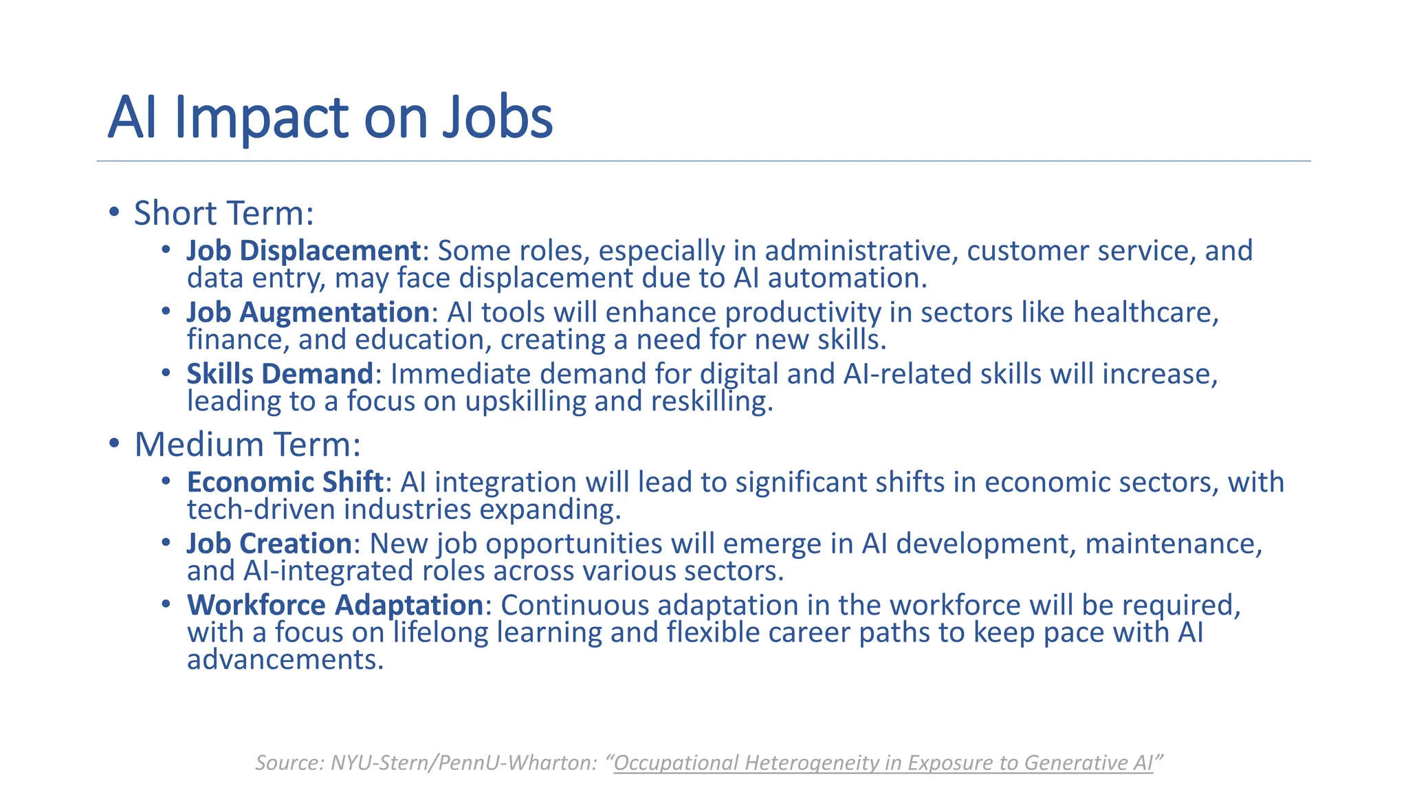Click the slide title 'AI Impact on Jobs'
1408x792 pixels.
click(x=330, y=117)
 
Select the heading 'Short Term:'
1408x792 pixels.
click(x=223, y=213)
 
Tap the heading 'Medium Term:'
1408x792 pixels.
click(x=247, y=444)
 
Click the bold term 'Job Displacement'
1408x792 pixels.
click(x=303, y=250)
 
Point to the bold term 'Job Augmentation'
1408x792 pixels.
click(x=308, y=312)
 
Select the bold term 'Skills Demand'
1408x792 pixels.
click(x=280, y=374)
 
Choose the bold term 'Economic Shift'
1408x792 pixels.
click(x=285, y=482)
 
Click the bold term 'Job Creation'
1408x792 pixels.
click(x=269, y=544)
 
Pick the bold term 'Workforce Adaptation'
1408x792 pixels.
click(x=335, y=605)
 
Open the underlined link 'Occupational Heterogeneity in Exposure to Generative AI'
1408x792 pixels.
click(x=883, y=762)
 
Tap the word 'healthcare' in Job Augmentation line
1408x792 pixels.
click(x=1145, y=312)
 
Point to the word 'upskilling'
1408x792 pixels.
click(x=525, y=401)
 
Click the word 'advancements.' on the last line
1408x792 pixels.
click(x=285, y=660)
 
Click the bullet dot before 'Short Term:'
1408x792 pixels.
click(x=114, y=212)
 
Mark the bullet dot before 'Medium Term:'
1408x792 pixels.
click(x=114, y=443)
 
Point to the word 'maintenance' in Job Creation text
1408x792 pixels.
click(x=1173, y=544)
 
